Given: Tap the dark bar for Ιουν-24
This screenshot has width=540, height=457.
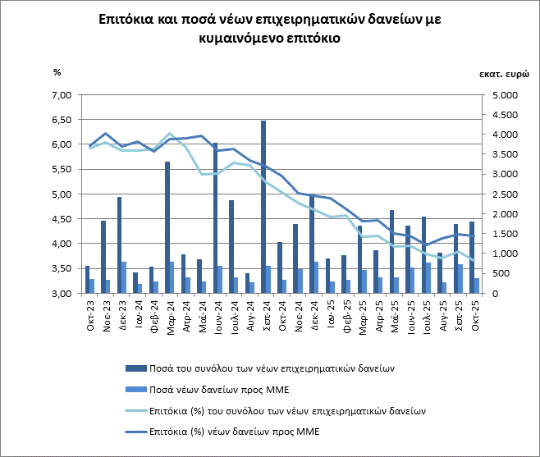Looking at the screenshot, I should click(215, 218).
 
